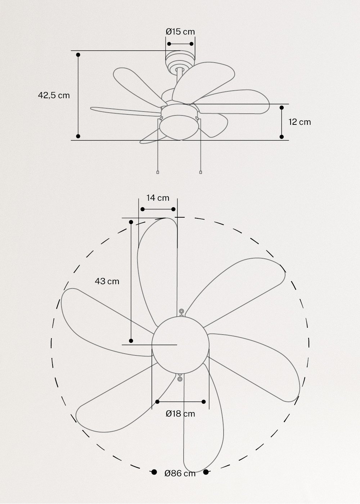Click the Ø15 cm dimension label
pos(180,32)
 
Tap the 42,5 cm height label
pos(54,95)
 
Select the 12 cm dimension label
pos(300,122)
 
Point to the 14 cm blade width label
pos(158,198)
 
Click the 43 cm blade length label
pos(107,281)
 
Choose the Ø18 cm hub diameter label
pos(180,414)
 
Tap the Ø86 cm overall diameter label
pos(180,473)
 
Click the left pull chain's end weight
pos(158,173)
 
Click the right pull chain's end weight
pos(201,173)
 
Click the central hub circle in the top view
pos(180,345)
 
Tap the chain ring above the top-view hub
pos(181,311)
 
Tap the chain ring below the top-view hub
pos(180,378)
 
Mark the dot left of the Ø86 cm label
pos(154,472)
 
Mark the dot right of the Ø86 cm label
pos(206,472)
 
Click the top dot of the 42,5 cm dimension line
pos(78,55)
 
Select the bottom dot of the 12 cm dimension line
pos(282,137)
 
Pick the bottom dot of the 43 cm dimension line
pos(131,341)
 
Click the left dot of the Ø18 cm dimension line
pos(157,401)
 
